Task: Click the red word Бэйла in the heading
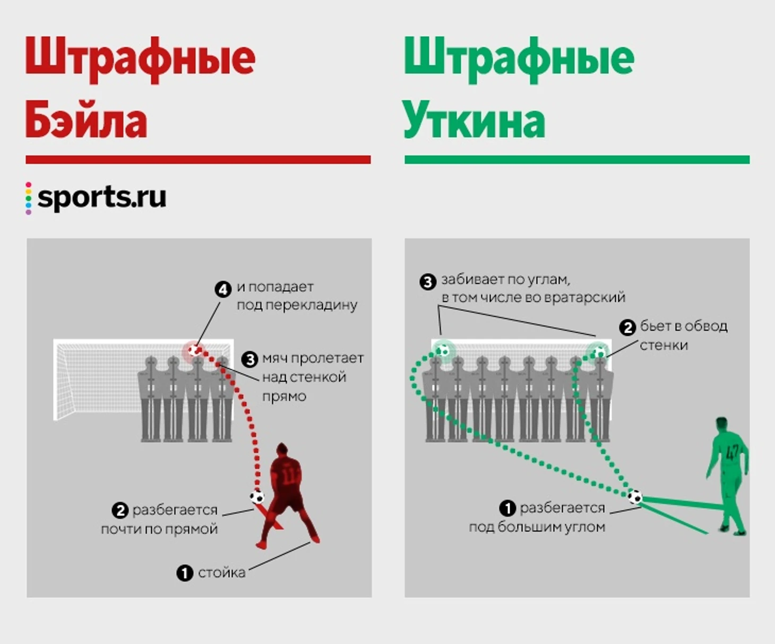86,119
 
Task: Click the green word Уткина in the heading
474,119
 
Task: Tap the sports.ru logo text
102,198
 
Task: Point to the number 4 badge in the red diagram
223,290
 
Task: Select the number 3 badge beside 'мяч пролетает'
250,359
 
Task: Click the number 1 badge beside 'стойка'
185,573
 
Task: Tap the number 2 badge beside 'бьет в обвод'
627,328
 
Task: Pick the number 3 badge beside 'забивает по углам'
428,282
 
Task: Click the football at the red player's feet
257,497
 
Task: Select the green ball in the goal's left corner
443,350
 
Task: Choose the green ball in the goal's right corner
599,352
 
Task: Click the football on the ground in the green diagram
635,496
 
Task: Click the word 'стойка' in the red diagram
222,573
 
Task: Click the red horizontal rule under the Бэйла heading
198,159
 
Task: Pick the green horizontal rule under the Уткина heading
577,159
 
